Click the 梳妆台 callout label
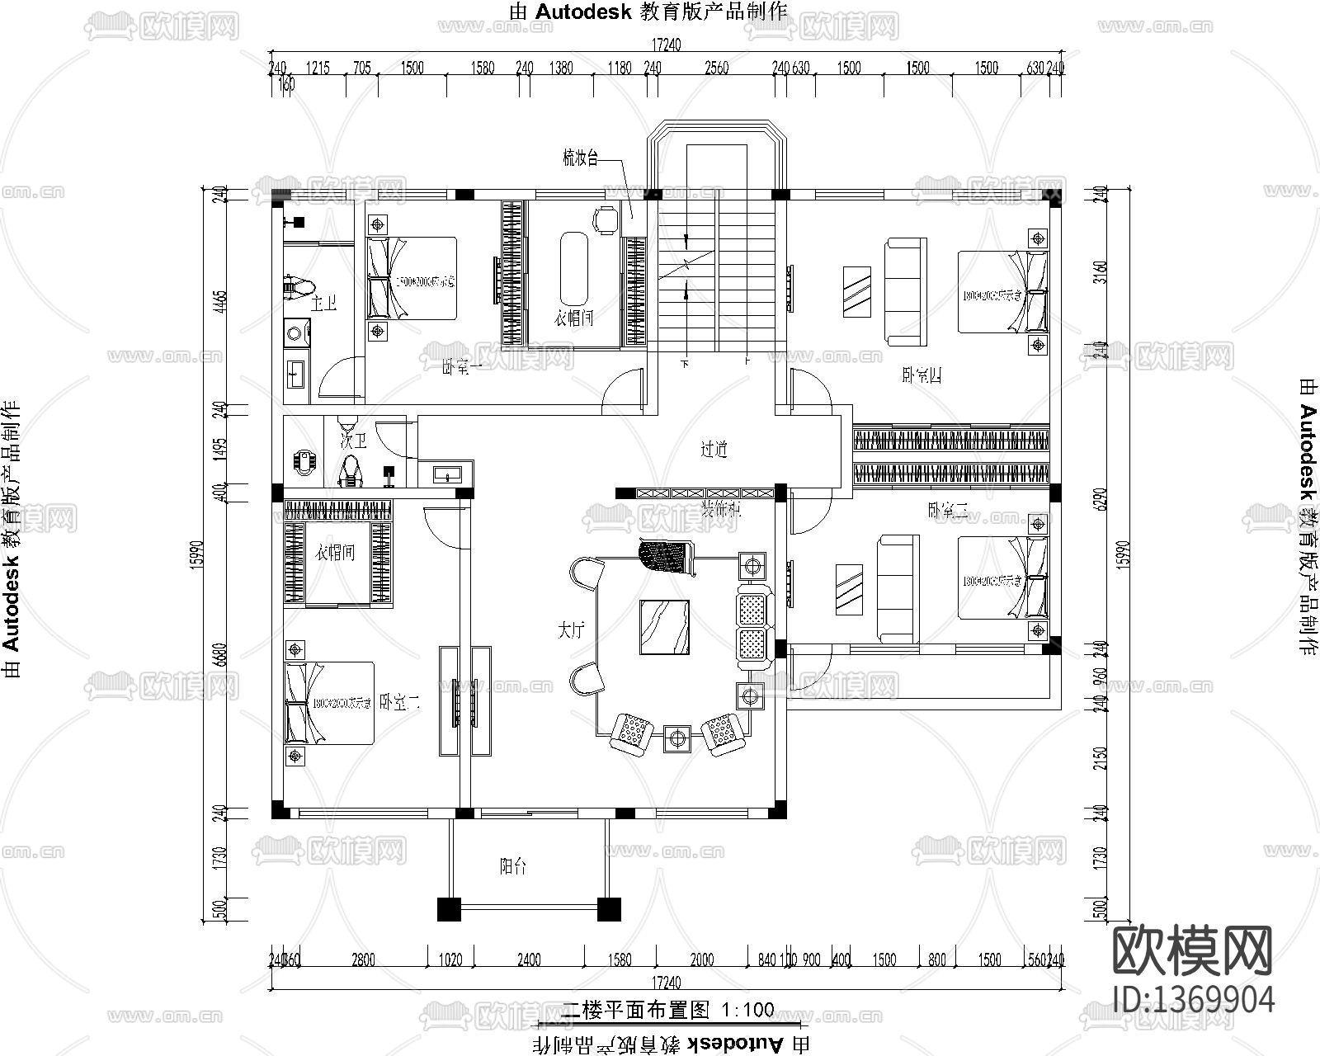[580, 160]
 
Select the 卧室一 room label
[462, 368]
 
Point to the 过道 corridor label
[714, 450]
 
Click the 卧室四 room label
[922, 376]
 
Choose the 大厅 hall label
[571, 631]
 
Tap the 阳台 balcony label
[513, 866]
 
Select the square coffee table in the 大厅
[665, 627]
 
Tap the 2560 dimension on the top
[716, 68]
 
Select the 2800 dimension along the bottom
[363, 959]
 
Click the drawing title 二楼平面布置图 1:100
[668, 1009]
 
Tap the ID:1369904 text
[1193, 999]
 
